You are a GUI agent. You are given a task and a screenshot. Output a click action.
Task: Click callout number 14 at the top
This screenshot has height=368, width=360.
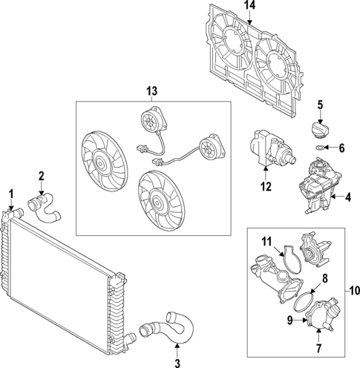pyautogui.click(x=249, y=5)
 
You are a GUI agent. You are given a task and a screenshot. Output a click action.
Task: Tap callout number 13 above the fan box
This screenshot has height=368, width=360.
pyautogui.click(x=151, y=91)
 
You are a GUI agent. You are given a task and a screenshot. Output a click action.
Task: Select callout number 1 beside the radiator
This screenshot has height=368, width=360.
pyautogui.click(x=10, y=194)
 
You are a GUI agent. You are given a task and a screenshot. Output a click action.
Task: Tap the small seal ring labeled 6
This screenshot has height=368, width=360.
pyautogui.click(x=319, y=149)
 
